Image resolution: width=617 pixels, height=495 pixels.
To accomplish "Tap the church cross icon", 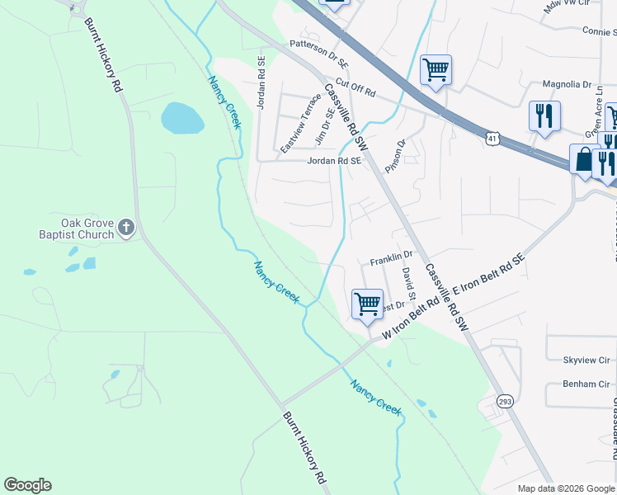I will pyautogui.click(x=125, y=228).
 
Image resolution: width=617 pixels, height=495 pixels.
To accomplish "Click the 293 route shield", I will pyautogui.click(x=505, y=401).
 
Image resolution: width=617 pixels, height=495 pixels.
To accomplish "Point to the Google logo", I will pyautogui.click(x=27, y=485).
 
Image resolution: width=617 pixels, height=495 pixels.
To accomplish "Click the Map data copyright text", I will pyautogui.click(x=566, y=488).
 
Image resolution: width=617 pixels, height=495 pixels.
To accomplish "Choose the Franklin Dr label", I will pyautogui.click(x=390, y=257).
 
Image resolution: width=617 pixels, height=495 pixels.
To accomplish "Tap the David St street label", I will pyautogui.click(x=407, y=280).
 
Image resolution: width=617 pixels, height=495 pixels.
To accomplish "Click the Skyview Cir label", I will pyautogui.click(x=586, y=361).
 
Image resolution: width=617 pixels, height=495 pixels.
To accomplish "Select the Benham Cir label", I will pyautogui.click(x=586, y=384).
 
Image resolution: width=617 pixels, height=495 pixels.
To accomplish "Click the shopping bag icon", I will pyautogui.click(x=583, y=158).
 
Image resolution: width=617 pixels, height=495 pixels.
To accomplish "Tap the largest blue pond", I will pyautogui.click(x=181, y=119).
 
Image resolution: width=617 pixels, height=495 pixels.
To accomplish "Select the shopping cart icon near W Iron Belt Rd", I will pyautogui.click(x=367, y=304).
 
